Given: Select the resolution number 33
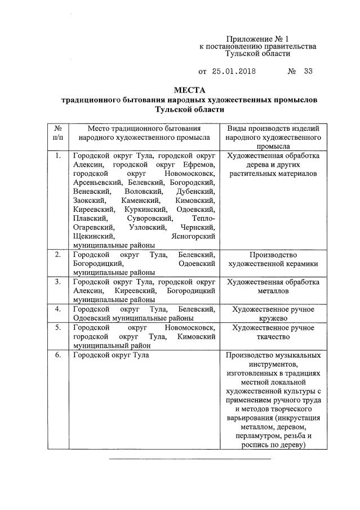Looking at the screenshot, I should coord(308,72).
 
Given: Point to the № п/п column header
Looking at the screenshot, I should coord(57,132).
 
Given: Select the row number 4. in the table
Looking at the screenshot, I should coord(57,309).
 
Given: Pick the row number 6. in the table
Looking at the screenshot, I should coord(57,356).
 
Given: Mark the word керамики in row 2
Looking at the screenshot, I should coord(299,264).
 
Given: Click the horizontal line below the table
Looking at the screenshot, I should coord(190,459).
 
